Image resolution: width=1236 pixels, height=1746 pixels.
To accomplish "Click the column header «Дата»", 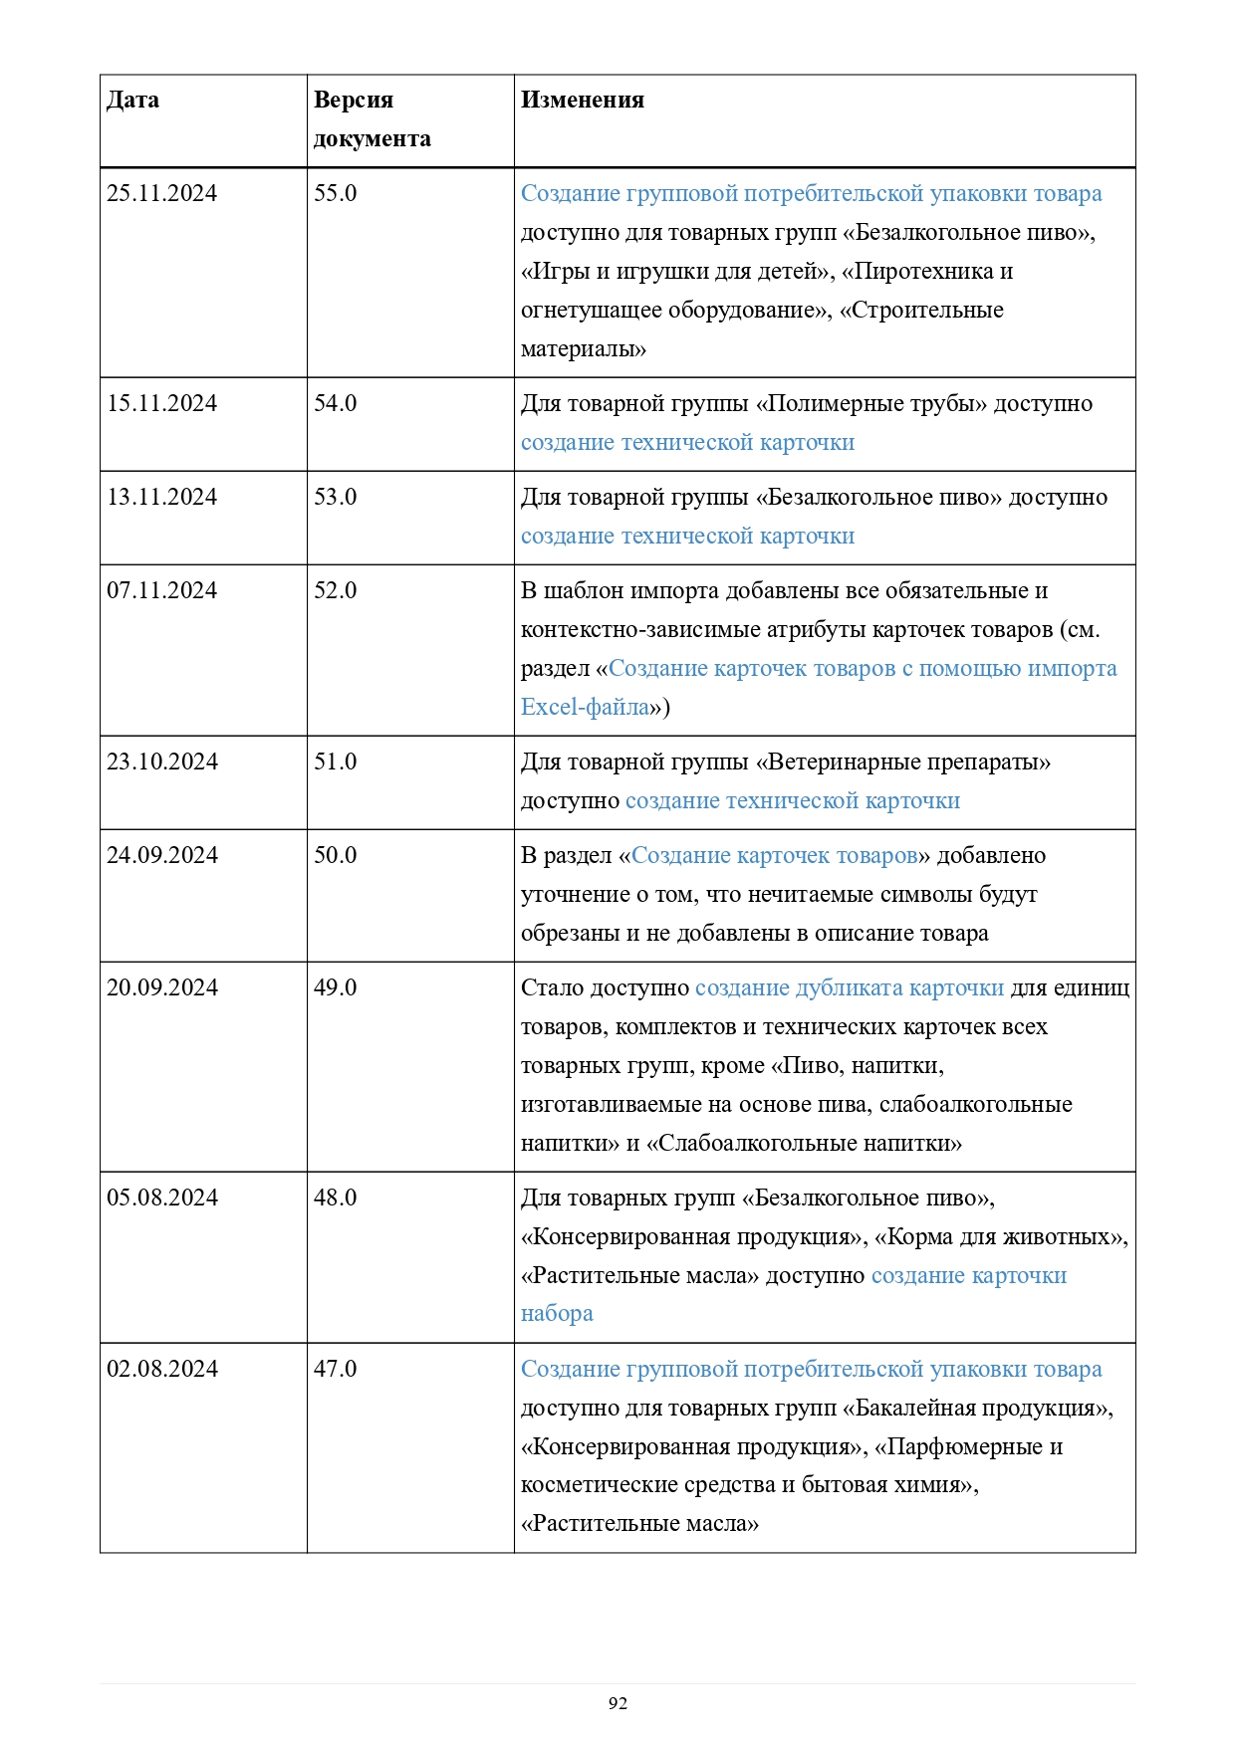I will tap(132, 101).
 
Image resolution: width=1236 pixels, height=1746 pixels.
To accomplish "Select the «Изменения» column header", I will tap(582, 101).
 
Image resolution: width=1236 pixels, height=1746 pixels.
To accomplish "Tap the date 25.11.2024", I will tap(161, 194).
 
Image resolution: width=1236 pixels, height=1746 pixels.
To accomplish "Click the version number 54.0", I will tap(335, 404).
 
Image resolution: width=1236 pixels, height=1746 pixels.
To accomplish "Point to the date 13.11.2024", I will tap(161, 498).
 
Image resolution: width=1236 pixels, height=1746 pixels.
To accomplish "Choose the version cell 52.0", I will tap(335, 591).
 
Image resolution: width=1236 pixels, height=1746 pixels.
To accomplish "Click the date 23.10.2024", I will tap(162, 763).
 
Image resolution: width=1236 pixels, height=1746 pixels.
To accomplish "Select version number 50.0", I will tap(335, 856).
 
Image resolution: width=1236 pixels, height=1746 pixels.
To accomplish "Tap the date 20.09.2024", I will tap(162, 988).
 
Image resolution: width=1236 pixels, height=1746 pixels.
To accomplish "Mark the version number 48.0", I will tap(335, 1199).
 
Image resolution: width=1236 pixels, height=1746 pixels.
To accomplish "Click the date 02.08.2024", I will tap(162, 1370).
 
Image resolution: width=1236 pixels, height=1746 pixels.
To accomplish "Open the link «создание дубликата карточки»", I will tap(849, 988).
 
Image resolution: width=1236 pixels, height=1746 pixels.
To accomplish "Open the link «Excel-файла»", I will tap(585, 708).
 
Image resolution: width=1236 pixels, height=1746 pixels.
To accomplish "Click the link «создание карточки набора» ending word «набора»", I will tap(557, 1315).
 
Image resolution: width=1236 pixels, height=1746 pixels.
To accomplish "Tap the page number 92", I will tap(618, 1703).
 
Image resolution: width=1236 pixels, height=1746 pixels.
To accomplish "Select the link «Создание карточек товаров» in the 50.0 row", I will tap(774, 856).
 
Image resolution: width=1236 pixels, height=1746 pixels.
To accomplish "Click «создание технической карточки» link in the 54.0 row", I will tap(687, 443).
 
